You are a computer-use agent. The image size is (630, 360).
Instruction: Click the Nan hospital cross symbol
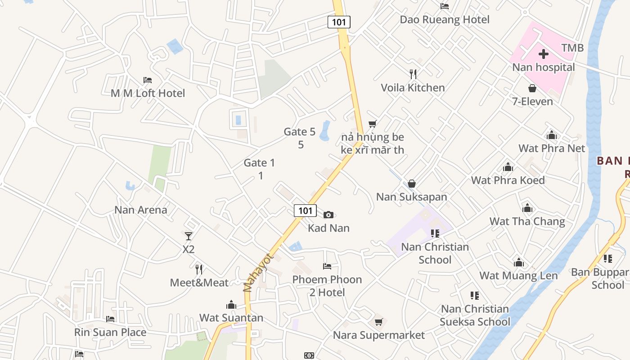(x=544, y=54)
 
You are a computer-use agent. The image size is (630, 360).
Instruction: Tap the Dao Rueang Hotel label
(x=445, y=20)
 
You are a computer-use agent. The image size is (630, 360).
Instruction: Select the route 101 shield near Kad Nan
(x=305, y=210)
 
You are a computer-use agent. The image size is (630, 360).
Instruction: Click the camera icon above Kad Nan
(x=328, y=215)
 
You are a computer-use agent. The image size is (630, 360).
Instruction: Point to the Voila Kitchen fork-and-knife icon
(x=413, y=74)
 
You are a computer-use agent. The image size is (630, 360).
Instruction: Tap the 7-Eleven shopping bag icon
(x=532, y=89)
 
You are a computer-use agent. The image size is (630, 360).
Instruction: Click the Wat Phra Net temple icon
(x=552, y=135)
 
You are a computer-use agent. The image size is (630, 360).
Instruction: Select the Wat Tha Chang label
(x=527, y=221)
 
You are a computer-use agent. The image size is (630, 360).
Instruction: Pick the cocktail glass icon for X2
(x=189, y=236)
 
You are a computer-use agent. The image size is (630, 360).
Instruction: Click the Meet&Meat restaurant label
(x=199, y=283)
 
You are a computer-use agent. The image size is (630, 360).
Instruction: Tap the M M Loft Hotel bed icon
(x=148, y=81)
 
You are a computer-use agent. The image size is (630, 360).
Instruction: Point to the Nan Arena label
(x=140, y=210)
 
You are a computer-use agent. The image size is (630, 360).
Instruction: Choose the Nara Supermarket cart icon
(x=378, y=322)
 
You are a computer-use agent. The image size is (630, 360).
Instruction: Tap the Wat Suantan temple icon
(x=231, y=305)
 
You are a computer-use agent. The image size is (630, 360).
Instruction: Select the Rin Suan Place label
(x=110, y=333)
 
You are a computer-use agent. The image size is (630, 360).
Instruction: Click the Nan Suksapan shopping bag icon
(x=411, y=184)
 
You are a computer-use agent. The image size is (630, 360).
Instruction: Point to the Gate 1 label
(x=259, y=163)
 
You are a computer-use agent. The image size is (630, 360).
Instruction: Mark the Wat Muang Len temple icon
(x=518, y=263)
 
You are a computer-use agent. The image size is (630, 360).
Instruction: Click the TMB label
(x=572, y=48)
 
